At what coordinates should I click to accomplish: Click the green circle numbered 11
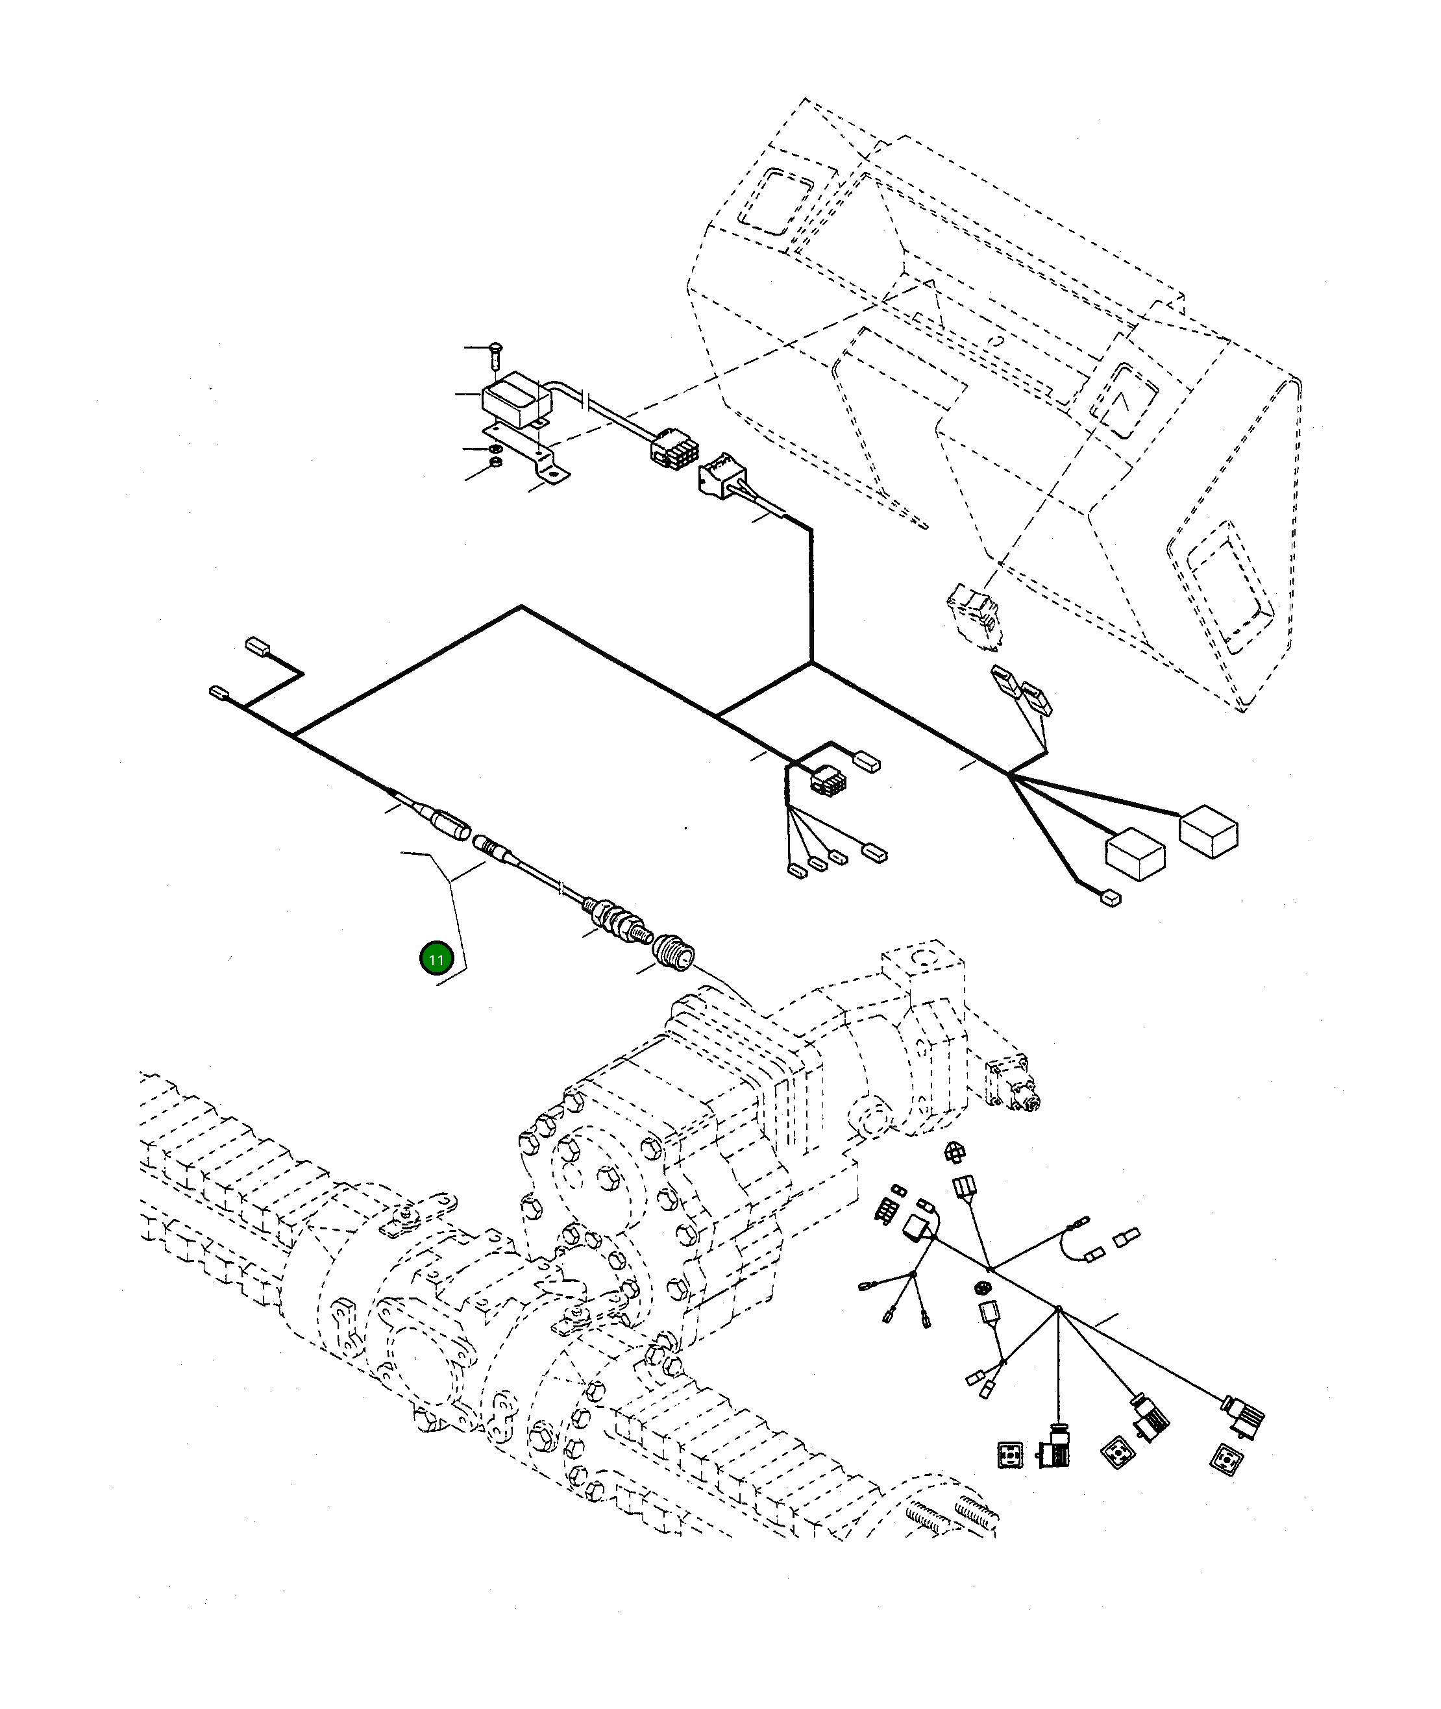coord(436,959)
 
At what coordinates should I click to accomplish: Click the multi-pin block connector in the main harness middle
coord(828,780)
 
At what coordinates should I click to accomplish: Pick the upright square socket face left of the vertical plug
coord(1011,1456)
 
